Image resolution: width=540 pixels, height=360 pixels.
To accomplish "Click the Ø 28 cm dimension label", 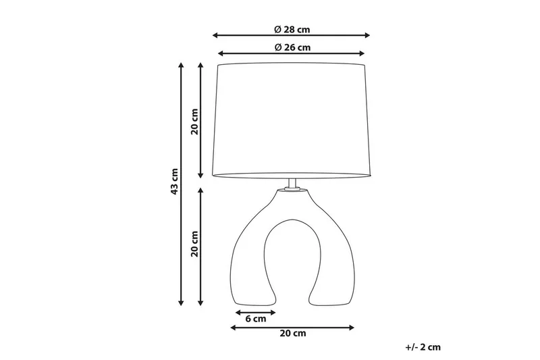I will click(292, 29).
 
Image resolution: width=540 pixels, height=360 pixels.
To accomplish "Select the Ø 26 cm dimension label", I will click(292, 47).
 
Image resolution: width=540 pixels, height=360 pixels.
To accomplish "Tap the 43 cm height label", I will click(175, 181).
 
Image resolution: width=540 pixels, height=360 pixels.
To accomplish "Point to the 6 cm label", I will click(255, 319).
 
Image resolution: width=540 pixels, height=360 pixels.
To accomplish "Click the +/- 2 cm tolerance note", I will click(423, 347).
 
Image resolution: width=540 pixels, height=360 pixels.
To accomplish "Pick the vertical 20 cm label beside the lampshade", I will click(194, 120).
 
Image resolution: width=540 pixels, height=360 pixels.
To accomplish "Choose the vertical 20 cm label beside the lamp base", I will click(194, 245).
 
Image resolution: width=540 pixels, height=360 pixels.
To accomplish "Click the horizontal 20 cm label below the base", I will click(292, 334).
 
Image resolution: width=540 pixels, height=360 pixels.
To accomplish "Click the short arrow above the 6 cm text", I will click(256, 312).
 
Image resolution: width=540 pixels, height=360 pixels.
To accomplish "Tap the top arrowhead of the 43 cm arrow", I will click(181, 66).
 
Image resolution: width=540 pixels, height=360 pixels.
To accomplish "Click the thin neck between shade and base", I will click(292, 184).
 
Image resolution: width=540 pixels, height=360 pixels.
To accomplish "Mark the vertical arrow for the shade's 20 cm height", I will click(201, 120).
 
